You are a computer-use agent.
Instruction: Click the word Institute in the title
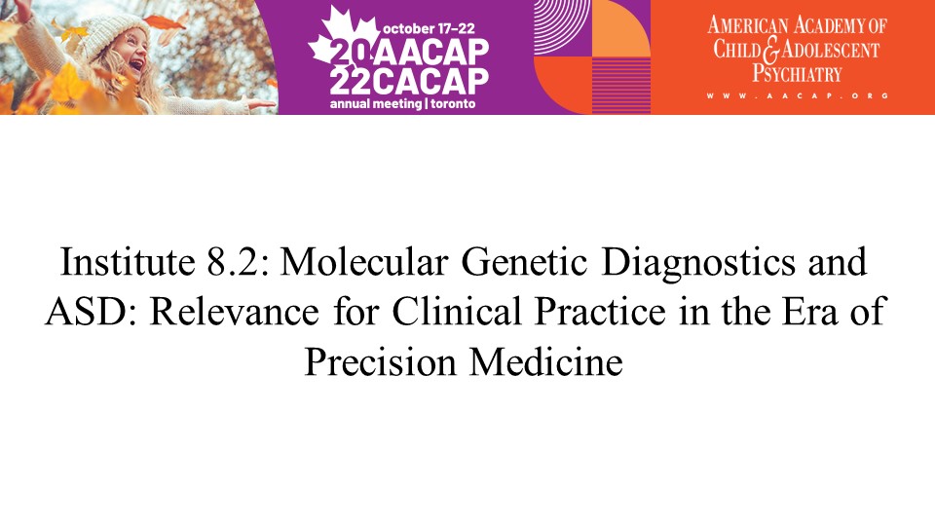pos(128,261)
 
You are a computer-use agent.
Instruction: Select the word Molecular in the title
pos(363,261)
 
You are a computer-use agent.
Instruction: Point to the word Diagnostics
pos(698,263)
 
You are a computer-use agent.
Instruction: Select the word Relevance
pos(234,312)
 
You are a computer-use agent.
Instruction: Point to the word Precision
pos(380,361)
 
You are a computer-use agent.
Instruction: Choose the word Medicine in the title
pos(545,361)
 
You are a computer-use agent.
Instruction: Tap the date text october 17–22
pos(429,28)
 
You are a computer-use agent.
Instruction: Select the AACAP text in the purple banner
pos(432,53)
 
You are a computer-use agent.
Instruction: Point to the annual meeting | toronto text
pos(402,104)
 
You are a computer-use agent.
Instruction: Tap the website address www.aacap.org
pos(798,95)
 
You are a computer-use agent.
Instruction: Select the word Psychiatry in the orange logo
pos(797,73)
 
